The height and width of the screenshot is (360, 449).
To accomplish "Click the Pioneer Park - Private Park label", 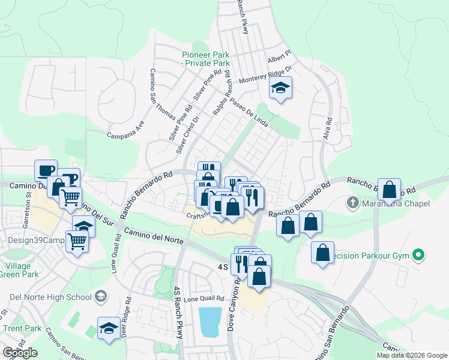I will coord(206,59).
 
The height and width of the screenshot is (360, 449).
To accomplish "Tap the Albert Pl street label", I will coord(279,59).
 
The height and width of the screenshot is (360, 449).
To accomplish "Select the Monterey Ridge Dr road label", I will coord(265,75).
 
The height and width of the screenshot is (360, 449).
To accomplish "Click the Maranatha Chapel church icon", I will coord(352,204).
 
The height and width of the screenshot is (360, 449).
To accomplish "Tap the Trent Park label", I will coord(22,328).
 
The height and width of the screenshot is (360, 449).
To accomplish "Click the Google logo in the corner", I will coord(20,353).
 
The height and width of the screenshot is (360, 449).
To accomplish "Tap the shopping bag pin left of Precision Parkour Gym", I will coord(322,252).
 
